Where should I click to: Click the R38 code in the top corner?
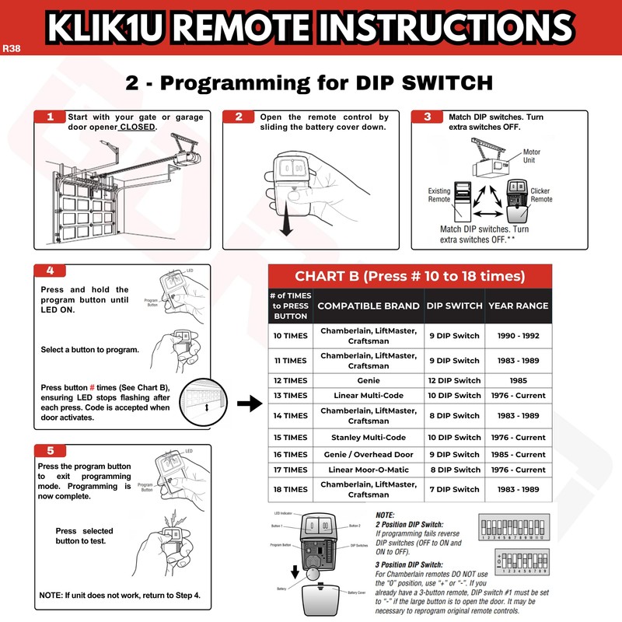tap(12, 47)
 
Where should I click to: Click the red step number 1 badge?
tap(51, 117)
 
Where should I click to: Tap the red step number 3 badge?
tap(428, 117)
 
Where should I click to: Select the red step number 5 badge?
tap(51, 450)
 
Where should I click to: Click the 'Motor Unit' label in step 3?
tap(532, 156)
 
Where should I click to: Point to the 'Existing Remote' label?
tap(439, 194)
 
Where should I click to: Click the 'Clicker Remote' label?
tap(541, 194)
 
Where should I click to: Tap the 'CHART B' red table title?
tap(410, 276)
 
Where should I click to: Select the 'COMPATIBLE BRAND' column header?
tap(369, 306)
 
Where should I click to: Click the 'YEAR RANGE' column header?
tap(518, 306)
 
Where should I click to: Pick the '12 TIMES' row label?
tap(290, 381)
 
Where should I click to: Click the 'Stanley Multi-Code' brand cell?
tap(369, 437)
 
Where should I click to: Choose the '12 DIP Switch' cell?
tap(454, 381)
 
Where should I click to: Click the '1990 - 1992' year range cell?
tap(519, 336)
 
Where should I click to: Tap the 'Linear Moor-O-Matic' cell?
tap(369, 470)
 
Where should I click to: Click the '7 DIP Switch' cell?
tap(454, 489)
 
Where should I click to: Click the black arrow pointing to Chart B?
tap(247, 404)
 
